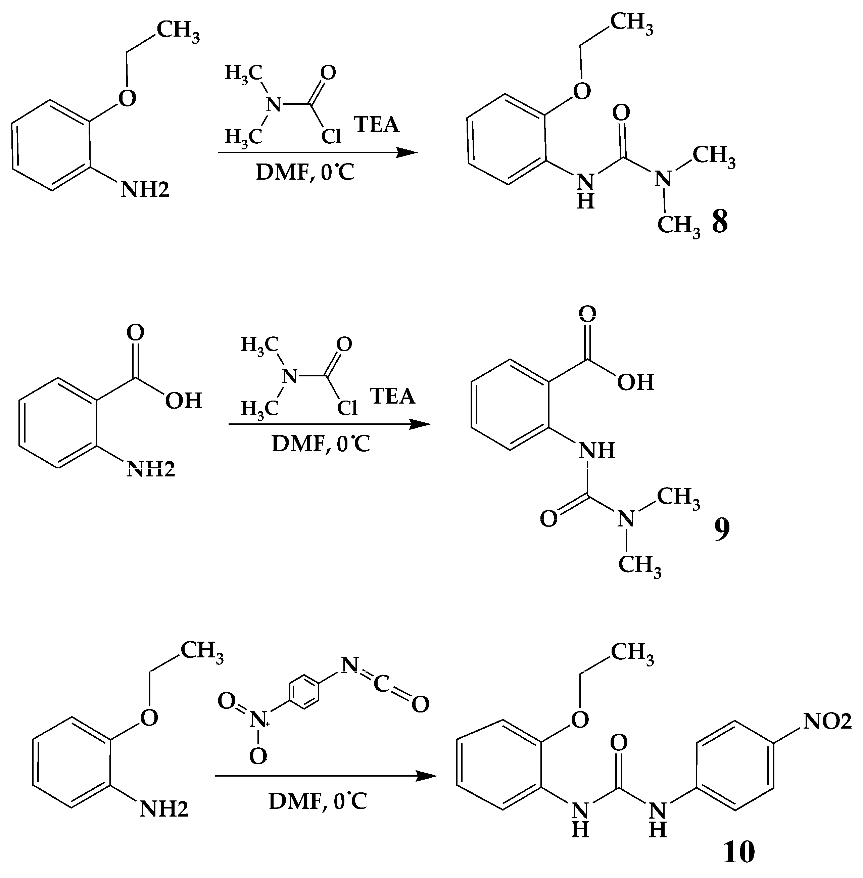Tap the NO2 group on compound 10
coord(827,721)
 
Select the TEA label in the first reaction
coord(377,125)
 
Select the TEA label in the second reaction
coord(392,396)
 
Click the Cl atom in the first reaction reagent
coord(331,136)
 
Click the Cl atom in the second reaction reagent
coord(347,408)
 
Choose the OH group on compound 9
coord(635,382)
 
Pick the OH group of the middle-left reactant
coord(183,400)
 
